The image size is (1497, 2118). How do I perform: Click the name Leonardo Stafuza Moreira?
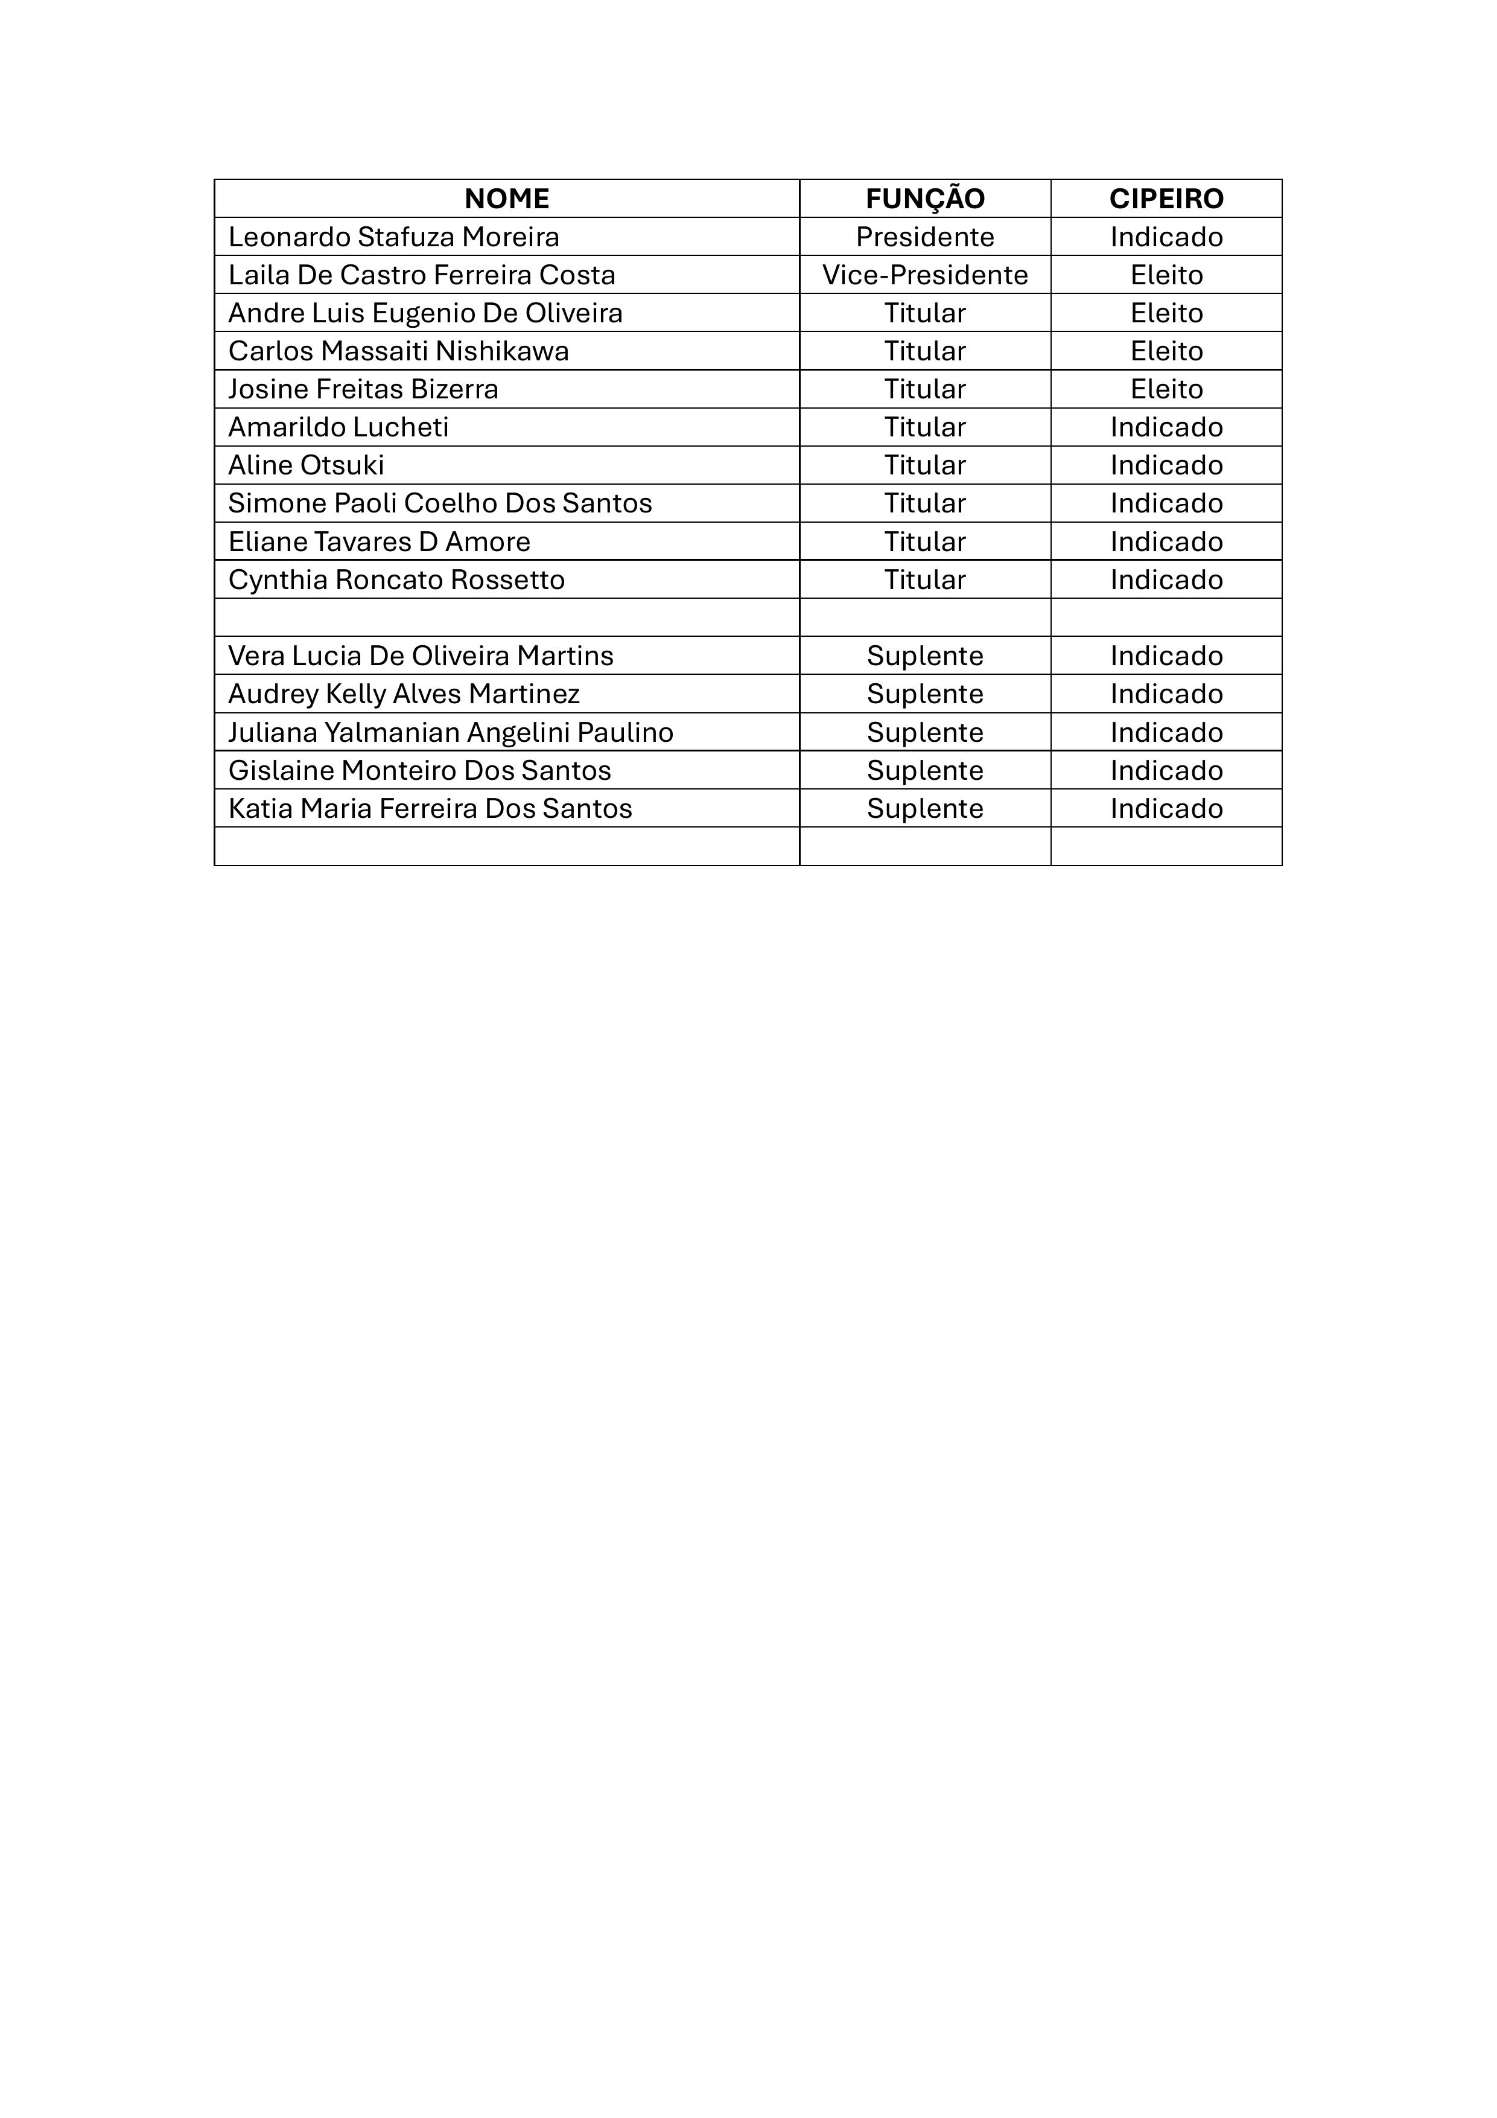[394, 237]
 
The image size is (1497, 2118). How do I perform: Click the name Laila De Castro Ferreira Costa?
[422, 275]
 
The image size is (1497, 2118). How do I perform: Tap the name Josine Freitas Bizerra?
[363, 389]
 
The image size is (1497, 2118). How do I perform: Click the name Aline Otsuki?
[307, 465]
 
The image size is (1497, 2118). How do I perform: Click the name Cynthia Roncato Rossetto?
[396, 579]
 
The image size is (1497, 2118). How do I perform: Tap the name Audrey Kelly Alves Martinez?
[404, 694]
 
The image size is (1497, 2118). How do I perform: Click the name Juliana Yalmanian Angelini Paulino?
[451, 732]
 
